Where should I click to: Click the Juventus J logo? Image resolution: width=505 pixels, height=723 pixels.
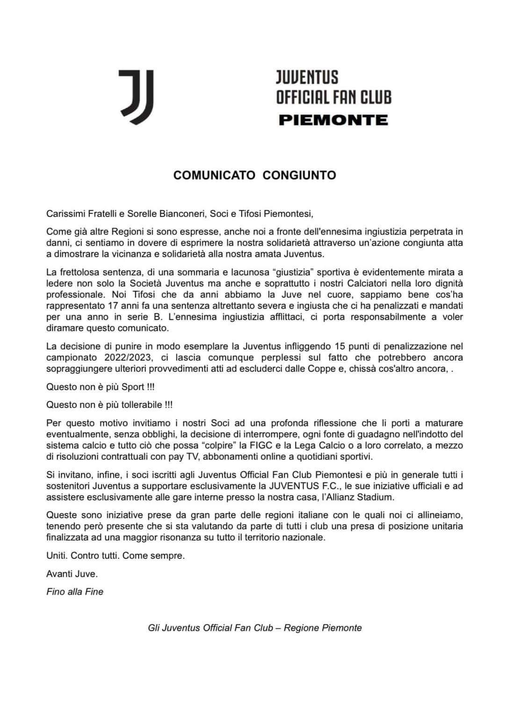tap(136, 97)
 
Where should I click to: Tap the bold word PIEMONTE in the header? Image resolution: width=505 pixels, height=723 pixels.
tap(333, 120)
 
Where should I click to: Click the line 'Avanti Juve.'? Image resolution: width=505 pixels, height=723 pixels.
tap(72, 574)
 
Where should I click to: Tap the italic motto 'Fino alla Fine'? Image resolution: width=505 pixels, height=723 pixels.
tap(75, 592)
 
